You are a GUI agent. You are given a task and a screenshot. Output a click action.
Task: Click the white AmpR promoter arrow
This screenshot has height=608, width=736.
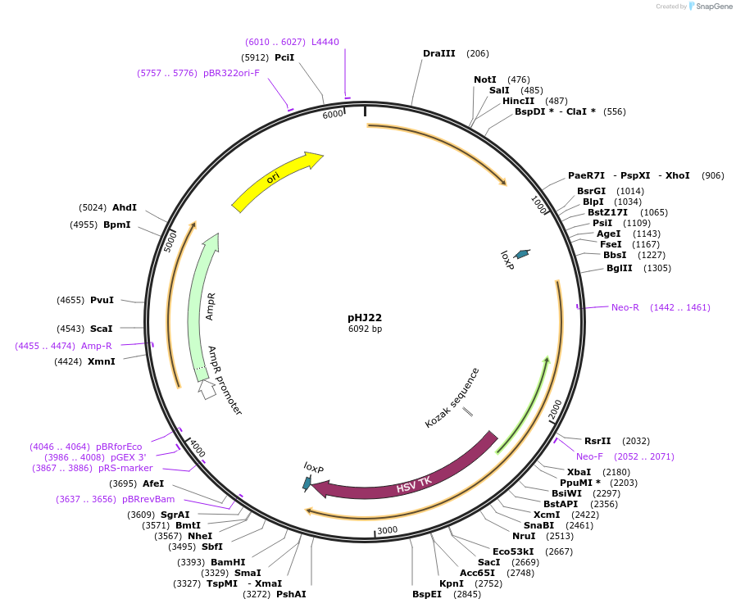point(208,389)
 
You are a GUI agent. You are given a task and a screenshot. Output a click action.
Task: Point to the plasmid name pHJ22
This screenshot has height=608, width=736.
point(365,317)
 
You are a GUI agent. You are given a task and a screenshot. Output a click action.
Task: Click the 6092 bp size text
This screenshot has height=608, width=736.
point(365,329)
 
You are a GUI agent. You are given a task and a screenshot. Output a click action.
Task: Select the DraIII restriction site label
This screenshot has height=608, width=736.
point(439,53)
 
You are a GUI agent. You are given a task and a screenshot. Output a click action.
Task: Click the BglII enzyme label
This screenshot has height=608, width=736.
point(619,268)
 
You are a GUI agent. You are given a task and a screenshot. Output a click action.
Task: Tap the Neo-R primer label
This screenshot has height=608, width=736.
point(625,307)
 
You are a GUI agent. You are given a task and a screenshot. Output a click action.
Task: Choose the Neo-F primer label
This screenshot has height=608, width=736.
point(589,456)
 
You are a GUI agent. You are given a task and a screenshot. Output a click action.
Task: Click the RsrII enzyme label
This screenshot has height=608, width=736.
point(597,441)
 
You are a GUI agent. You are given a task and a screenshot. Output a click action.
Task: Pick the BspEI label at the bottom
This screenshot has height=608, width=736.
point(427,594)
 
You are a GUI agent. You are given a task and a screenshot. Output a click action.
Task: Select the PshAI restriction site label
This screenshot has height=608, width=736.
point(291,594)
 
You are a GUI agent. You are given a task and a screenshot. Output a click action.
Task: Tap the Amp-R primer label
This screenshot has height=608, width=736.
point(97,346)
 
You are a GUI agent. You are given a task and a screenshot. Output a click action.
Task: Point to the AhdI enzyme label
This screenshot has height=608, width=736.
point(125,207)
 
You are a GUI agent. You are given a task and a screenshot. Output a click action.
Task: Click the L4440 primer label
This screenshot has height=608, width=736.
point(325,42)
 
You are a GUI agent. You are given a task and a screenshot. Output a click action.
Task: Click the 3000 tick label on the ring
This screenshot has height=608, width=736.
point(387,530)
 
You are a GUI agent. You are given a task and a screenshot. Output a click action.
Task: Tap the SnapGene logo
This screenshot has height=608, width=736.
point(710,7)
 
